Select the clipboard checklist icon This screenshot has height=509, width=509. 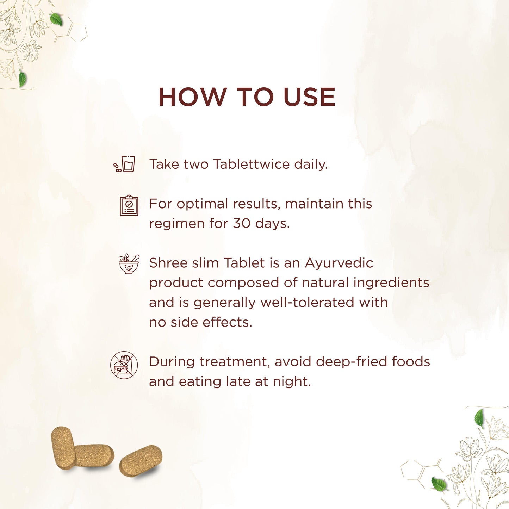(x=129, y=205)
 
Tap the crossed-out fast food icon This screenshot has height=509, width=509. (x=124, y=365)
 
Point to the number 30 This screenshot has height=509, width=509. (x=241, y=223)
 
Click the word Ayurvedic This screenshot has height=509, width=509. (x=339, y=263)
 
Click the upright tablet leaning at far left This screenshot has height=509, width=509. (x=63, y=448)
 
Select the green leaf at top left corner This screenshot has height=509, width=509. (x=56, y=19)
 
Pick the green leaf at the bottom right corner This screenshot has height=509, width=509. (x=439, y=484)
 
